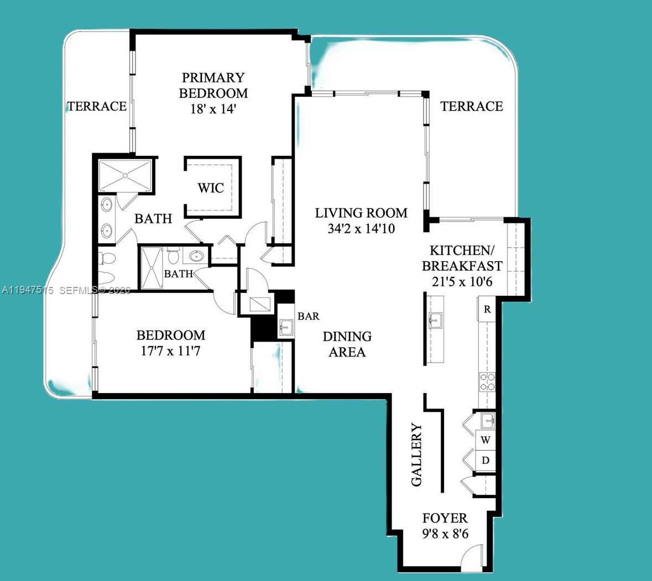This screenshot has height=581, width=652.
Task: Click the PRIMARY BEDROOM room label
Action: pos(213,85)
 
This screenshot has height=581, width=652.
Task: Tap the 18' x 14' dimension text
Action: pos(213,109)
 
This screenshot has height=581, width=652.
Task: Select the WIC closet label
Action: pos(211,188)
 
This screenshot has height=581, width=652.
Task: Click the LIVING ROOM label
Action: pos(361,213)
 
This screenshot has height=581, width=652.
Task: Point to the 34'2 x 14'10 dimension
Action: pos(361,228)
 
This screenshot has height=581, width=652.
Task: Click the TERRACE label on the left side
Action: pos(97,106)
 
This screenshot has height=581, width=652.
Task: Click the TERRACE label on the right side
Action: pos(472,106)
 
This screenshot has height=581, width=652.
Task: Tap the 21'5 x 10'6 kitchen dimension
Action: pos(462,282)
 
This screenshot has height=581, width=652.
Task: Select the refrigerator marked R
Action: pos(487,310)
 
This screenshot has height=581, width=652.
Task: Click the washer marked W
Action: pos(486,441)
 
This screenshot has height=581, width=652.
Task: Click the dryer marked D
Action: pos(486,460)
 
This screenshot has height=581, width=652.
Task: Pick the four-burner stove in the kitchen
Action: pos(487,382)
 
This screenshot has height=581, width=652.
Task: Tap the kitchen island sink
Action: pos(434,320)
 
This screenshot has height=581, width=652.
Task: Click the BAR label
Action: pos(308,316)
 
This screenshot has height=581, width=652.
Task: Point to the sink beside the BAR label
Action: pos(286,327)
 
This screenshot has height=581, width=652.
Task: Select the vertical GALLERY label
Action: pos(417,454)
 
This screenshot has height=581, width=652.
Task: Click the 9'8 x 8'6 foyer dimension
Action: pos(445,535)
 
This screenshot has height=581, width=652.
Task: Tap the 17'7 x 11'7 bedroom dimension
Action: pos(171,350)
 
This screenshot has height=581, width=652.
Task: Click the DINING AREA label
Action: pos(347,344)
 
